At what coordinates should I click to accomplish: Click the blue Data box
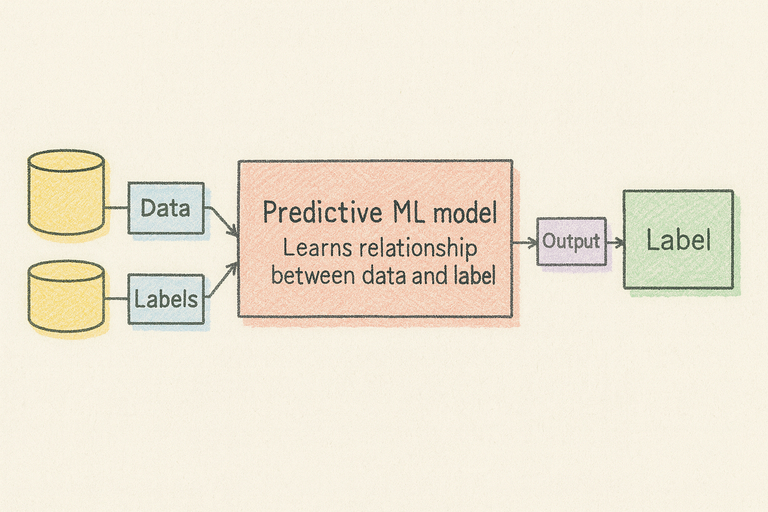pos(166,208)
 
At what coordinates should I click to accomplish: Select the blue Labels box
pos(166,299)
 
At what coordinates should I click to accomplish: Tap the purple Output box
pos(571,241)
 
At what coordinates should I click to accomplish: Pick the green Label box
pos(678,240)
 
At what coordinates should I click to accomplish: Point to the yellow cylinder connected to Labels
pos(66,298)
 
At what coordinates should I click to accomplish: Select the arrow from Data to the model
pos(222,221)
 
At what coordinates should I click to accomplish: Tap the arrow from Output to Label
pos(615,243)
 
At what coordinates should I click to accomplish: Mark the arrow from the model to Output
pos(525,243)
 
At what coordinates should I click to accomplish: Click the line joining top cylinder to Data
pos(116,208)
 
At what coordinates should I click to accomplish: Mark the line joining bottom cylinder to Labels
pos(116,298)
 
